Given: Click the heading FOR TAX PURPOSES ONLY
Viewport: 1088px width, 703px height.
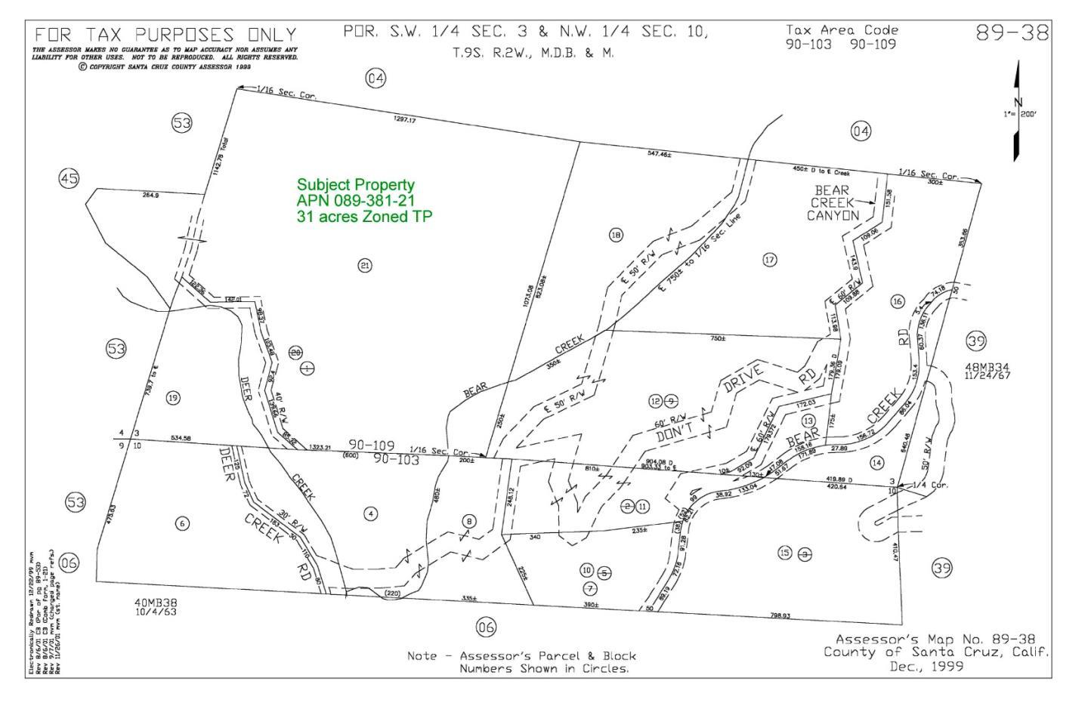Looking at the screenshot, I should click(165, 35).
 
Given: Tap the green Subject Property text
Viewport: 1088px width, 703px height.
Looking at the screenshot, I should click(355, 185).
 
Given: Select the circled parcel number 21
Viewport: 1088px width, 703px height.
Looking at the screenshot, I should click(365, 265).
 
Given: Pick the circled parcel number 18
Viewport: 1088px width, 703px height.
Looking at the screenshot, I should click(616, 236).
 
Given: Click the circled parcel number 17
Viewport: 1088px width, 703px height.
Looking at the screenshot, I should click(769, 260).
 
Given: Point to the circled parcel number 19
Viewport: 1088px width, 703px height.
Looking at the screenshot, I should click(173, 398).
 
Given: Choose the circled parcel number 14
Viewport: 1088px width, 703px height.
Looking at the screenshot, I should click(876, 462).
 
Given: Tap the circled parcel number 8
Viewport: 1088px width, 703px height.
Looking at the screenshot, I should click(469, 521).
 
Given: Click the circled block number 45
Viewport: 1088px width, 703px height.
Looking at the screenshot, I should click(69, 179).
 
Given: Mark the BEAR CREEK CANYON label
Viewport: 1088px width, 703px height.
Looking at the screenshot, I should click(833, 202).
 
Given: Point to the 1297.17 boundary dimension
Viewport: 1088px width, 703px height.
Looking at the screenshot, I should click(404, 119).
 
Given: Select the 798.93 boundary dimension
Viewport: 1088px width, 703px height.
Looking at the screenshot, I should click(780, 615).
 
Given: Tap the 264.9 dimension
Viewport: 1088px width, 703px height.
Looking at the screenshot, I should click(150, 196).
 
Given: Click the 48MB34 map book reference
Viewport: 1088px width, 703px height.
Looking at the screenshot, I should click(988, 368).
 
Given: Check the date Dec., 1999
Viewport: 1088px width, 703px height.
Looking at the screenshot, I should click(927, 666).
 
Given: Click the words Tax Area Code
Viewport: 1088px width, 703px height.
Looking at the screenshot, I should click(842, 30).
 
